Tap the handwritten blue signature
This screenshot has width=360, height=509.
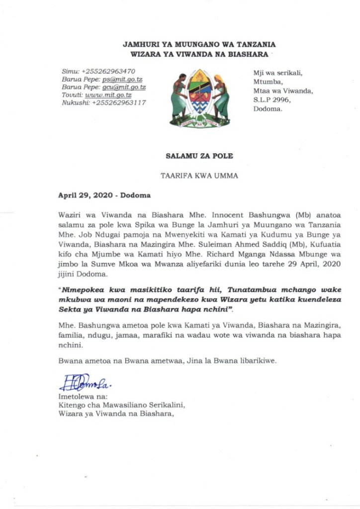pyautogui.click(x=79, y=383)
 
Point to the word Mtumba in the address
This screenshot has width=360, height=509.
pyautogui.click(x=266, y=82)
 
